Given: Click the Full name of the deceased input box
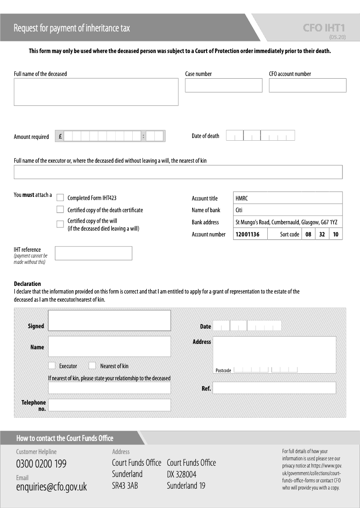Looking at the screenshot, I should click(96, 92).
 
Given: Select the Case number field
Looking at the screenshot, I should click(223, 85).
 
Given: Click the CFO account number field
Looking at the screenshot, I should click(307, 85).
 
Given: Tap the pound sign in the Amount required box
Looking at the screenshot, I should click(60, 136).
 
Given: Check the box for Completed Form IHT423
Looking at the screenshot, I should click(60, 197).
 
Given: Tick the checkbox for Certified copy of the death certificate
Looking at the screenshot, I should click(60, 209).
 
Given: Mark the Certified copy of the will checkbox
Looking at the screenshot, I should click(60, 224).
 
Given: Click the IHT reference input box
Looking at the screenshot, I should click(94, 254).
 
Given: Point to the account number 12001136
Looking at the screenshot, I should click(247, 234).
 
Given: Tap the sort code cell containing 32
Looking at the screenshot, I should click(322, 234).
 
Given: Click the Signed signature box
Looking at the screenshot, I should click(109, 321).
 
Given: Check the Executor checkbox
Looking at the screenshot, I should click(52, 365).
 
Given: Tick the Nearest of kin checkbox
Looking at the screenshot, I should click(92, 365).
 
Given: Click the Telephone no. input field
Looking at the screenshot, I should click(109, 405).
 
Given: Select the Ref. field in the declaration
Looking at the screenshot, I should click(274, 388).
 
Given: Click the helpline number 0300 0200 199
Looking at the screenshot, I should click(41, 464).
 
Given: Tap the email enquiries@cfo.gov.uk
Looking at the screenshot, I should click(51, 487).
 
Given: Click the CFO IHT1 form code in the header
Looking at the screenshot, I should click(324, 28).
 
